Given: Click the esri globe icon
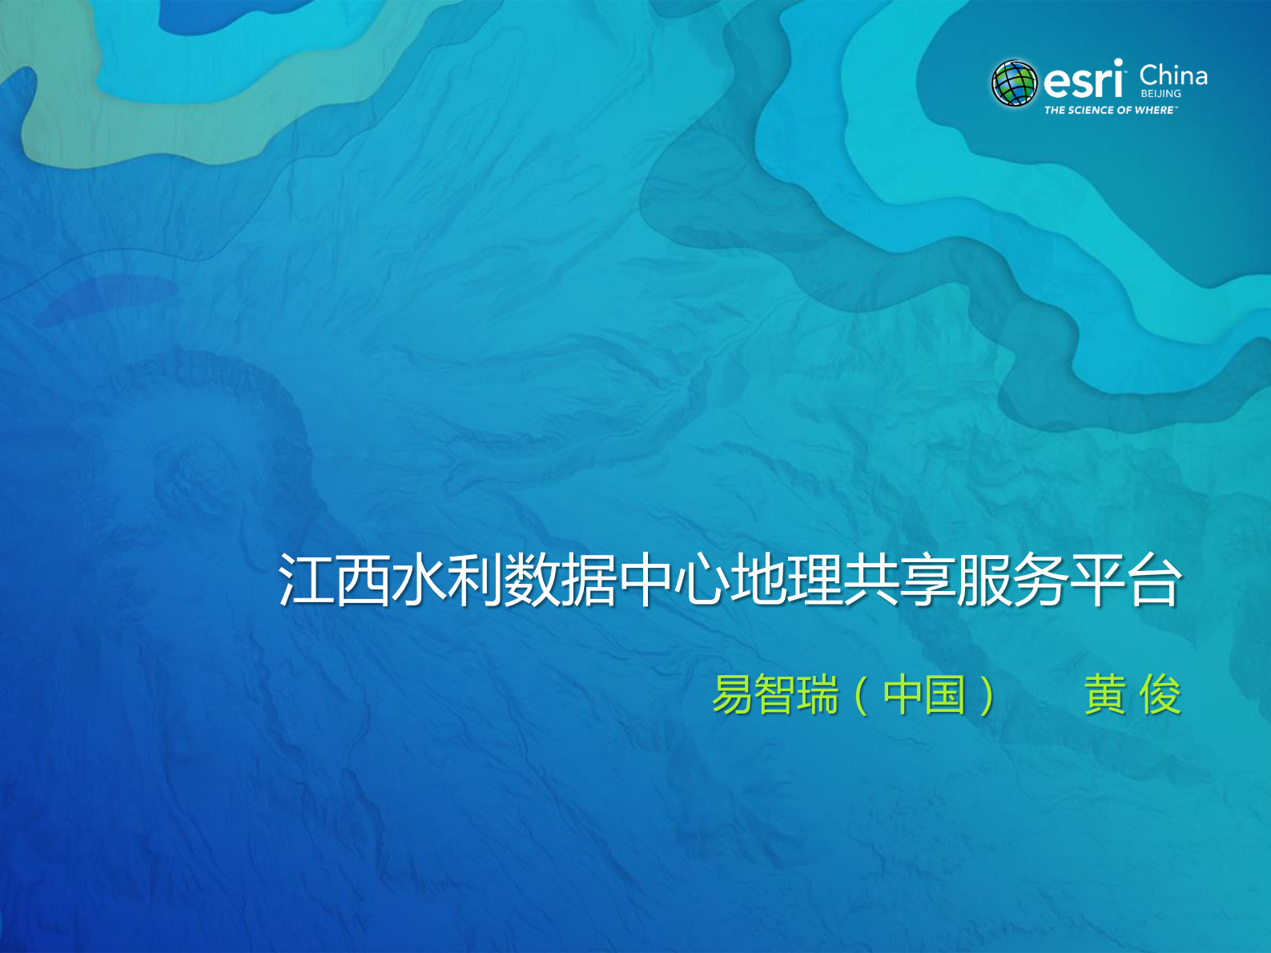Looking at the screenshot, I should click(x=1015, y=82).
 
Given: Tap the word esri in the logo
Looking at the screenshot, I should click(x=1083, y=80).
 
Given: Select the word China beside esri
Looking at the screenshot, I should click(x=1173, y=75).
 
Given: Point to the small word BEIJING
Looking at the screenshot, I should click(x=1160, y=94).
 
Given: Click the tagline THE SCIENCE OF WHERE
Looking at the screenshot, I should click(x=1110, y=110).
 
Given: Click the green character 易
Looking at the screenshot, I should click(x=733, y=694).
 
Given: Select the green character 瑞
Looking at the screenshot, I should click(x=818, y=694).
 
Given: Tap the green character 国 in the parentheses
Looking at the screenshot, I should click(x=945, y=694).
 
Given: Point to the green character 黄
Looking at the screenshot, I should click(x=1105, y=694).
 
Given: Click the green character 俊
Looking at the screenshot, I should click(x=1160, y=694).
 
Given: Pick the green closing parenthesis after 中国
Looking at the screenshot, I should click(x=987, y=695).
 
